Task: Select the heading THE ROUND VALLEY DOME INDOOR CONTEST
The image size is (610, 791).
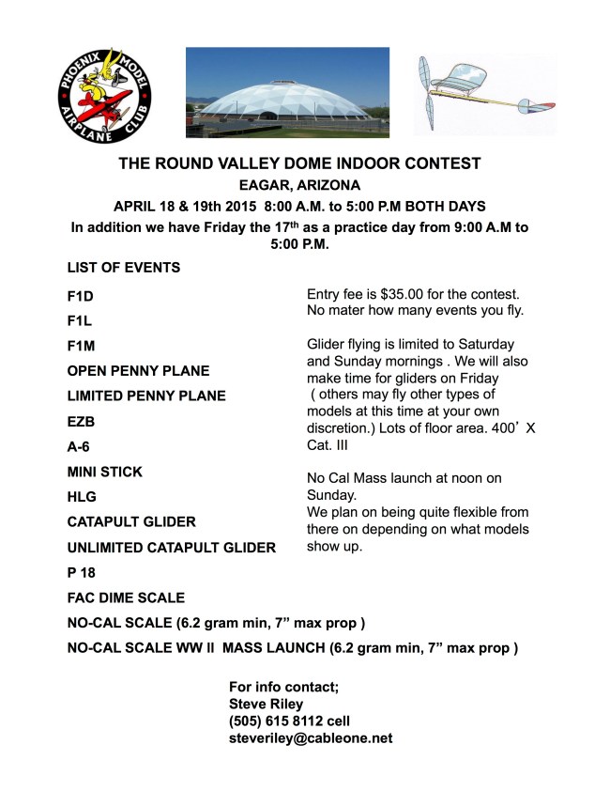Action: [299, 163]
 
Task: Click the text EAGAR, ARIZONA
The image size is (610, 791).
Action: [299, 185]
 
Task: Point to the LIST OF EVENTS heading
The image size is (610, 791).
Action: [124, 268]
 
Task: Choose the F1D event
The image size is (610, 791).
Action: [81, 295]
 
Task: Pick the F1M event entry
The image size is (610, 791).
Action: [82, 346]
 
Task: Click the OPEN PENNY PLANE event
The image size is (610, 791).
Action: [139, 371]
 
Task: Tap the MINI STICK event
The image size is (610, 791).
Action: [105, 472]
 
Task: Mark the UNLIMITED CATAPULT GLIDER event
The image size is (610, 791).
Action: [172, 548]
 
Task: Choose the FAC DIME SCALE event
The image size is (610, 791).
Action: [126, 597]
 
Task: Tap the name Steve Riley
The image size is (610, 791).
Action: [266, 704]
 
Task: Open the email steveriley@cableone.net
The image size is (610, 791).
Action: [311, 738]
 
